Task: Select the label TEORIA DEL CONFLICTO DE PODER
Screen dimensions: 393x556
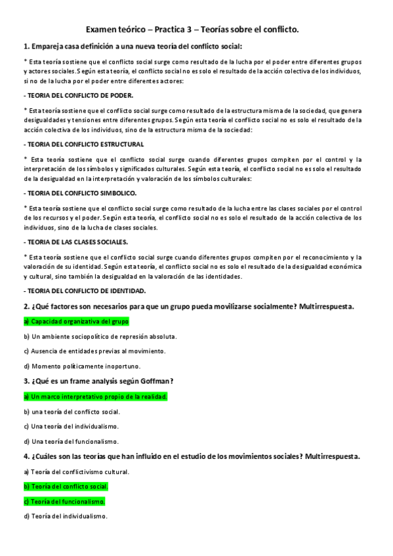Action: click(x=78, y=95)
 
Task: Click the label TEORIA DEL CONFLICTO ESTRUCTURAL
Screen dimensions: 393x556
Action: click(x=83, y=144)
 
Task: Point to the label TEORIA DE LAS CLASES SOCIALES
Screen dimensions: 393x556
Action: click(x=79, y=243)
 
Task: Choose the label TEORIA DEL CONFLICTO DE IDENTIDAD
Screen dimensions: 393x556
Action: click(x=85, y=290)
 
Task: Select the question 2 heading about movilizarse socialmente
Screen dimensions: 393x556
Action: click(x=189, y=306)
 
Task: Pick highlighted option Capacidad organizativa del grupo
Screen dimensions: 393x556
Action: click(x=76, y=321)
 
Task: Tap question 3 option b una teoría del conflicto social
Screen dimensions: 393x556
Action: click(x=72, y=412)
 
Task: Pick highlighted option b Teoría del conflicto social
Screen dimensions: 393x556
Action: click(x=65, y=486)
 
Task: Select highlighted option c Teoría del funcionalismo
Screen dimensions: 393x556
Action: click(x=64, y=502)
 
